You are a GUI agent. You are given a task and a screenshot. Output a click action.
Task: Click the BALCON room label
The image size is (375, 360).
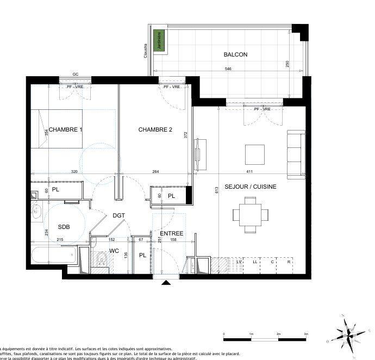pos(235,54)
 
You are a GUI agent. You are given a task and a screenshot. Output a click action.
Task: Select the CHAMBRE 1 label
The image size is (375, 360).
pos(66,129)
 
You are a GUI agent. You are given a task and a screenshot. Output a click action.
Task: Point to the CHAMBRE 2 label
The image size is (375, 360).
pos(155,129)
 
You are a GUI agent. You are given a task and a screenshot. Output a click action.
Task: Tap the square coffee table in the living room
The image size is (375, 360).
pos(255,154)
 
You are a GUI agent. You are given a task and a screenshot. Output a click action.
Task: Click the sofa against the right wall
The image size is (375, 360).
pos(296,154)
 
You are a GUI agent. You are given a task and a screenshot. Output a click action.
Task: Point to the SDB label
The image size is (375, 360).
pos(64,227)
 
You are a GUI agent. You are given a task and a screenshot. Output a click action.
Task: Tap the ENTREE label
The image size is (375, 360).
pos(171,233)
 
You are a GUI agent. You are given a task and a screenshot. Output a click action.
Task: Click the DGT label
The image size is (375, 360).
pos(119,215)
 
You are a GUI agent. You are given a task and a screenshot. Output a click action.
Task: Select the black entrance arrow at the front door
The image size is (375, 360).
pos(166,282)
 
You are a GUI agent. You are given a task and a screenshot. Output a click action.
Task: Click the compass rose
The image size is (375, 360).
pos(347,333)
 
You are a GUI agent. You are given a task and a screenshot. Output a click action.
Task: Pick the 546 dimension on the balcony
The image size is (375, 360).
pos(228,69)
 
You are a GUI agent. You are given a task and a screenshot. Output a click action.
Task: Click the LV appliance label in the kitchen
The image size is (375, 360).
pos(238,262)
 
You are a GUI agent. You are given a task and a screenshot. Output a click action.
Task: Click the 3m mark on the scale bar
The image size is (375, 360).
pos(306,334)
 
